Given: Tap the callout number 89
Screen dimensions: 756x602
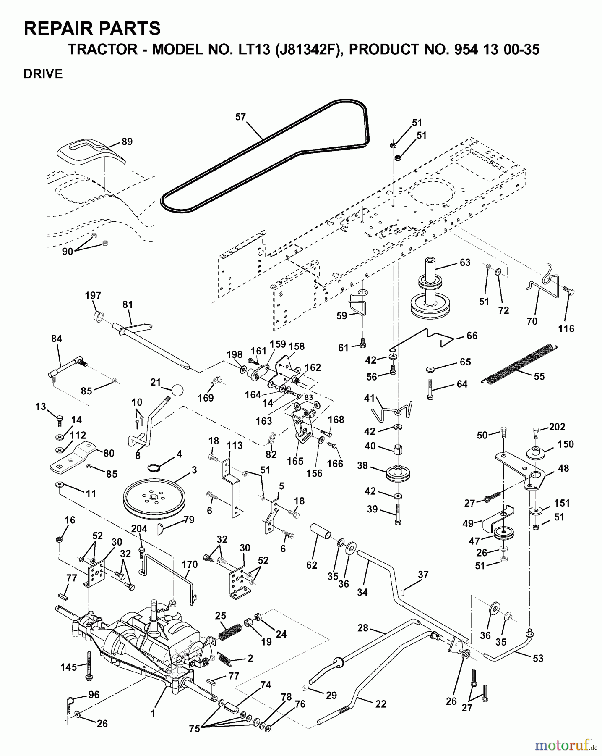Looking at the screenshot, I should coord(127,142).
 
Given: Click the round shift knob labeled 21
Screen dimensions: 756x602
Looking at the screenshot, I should coord(177,390).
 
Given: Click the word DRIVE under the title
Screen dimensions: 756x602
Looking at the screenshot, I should coord(43,74).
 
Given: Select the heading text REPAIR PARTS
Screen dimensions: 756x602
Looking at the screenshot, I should coord(92,29).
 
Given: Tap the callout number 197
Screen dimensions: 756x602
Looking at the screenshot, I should coord(93,296).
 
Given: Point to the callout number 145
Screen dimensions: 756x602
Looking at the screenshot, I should coord(68,667).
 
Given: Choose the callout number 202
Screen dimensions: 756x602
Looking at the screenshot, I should coord(557,427).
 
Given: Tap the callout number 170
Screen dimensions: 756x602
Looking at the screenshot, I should coord(189,564).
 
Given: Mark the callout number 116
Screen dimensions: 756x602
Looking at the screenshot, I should coord(566,328).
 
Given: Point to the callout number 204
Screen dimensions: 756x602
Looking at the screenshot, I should coord(139,529).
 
